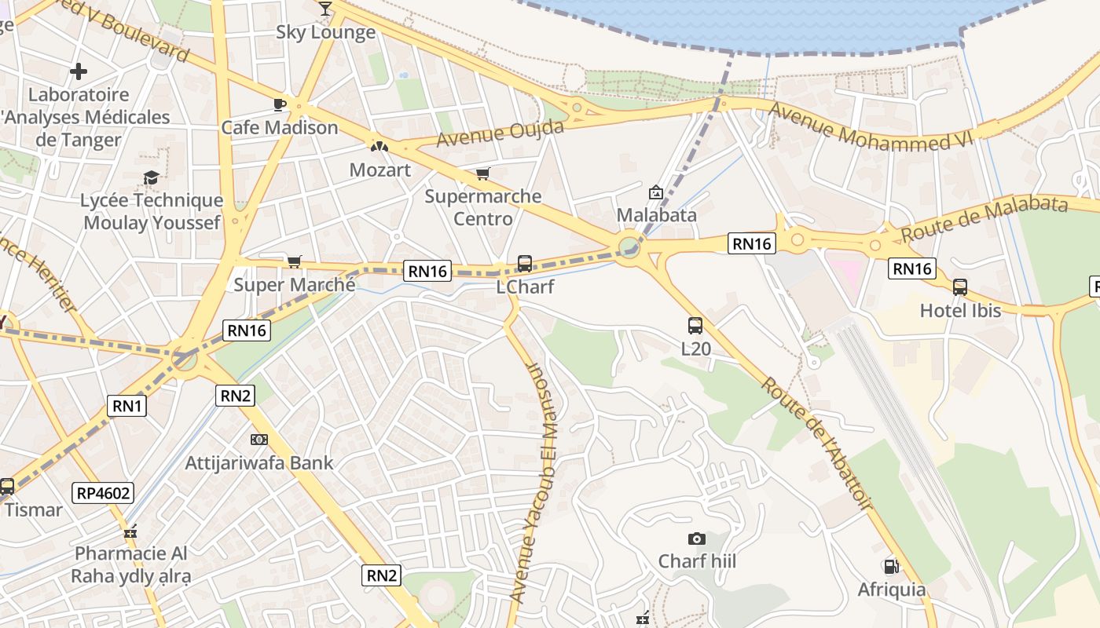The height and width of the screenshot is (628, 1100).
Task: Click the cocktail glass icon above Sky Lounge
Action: (325, 8)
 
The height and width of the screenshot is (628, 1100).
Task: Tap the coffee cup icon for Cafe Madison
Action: (279, 104)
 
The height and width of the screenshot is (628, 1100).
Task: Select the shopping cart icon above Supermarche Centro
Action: (482, 173)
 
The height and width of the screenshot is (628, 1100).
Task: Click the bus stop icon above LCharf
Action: (525, 264)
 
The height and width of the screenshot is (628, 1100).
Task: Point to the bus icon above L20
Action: (695, 325)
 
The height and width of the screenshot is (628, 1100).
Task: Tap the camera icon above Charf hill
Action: (696, 539)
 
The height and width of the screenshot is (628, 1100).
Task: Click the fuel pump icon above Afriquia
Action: (891, 566)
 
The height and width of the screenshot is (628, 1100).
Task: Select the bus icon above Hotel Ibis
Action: (960, 287)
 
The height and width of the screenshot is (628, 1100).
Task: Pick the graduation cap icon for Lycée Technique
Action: (151, 178)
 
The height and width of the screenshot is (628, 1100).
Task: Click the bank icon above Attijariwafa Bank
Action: (258, 440)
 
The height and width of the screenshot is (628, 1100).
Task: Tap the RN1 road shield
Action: (127, 406)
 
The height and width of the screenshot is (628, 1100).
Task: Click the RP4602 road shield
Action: (104, 493)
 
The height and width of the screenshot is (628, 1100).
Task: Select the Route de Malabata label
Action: (984, 218)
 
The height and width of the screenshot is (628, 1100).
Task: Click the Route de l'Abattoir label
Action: (818, 444)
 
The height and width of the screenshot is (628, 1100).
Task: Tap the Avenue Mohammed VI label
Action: (871, 127)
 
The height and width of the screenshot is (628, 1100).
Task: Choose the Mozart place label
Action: (380, 170)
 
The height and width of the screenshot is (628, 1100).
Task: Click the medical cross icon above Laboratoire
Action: (79, 72)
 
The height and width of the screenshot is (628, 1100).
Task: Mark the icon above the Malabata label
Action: (655, 192)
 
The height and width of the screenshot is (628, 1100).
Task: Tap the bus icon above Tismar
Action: (6, 487)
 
